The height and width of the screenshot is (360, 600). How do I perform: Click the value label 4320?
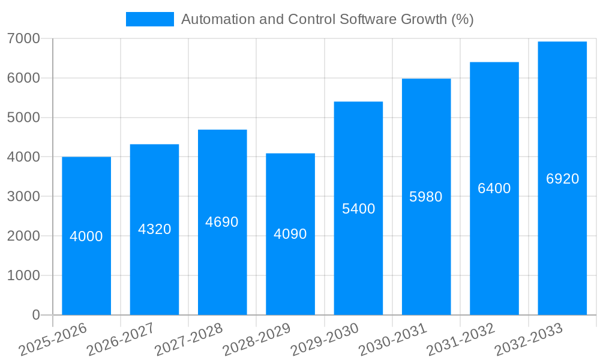[x=155, y=229]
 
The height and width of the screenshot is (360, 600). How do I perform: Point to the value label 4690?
[x=222, y=222]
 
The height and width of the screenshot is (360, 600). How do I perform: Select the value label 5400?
[x=358, y=209]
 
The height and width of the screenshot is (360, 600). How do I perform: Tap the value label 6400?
[x=494, y=188]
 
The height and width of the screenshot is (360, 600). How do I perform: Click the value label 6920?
[x=562, y=179]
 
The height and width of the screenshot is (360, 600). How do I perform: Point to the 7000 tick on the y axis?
[x=23, y=38]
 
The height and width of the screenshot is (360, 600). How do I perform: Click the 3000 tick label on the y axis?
[x=23, y=196]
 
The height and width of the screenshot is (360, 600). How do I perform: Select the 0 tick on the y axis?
[x=35, y=315]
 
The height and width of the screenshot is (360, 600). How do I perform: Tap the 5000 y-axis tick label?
[x=23, y=118]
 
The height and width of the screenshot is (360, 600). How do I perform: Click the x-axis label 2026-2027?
[x=121, y=340]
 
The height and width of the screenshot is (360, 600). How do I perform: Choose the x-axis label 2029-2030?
[x=325, y=340]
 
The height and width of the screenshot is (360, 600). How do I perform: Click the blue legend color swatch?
[x=149, y=19]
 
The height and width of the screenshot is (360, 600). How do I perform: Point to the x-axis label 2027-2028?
[x=188, y=340]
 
